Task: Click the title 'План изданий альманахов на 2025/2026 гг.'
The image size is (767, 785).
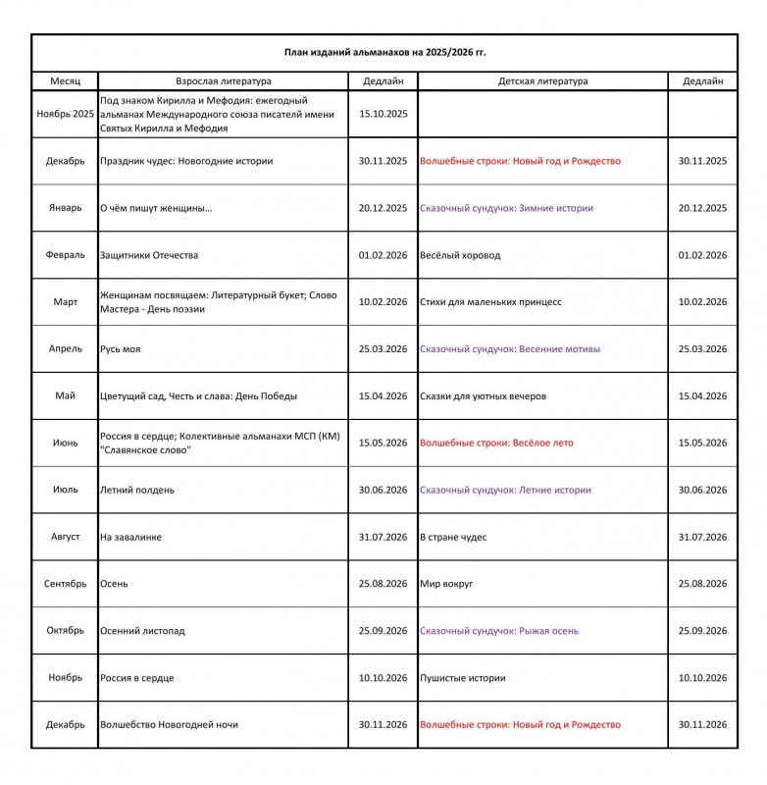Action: click(384, 52)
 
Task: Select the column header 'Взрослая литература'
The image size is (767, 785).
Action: click(224, 81)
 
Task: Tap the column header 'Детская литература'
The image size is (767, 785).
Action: click(542, 81)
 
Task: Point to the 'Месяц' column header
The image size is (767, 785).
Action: click(65, 81)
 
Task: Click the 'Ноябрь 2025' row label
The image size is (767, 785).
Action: click(65, 114)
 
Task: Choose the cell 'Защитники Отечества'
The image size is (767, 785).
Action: click(149, 255)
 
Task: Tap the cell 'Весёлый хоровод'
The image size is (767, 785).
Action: click(460, 255)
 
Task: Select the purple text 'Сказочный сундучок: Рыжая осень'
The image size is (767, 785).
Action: click(499, 631)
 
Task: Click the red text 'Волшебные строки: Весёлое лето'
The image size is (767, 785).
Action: click(496, 443)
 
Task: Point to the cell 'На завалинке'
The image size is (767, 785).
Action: click(131, 537)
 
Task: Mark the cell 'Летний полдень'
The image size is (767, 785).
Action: click(137, 490)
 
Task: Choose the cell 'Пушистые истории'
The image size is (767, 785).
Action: click(462, 678)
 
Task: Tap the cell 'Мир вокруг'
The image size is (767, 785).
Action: click(446, 584)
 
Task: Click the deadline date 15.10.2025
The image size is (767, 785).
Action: click(383, 114)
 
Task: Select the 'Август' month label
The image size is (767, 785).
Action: click(65, 537)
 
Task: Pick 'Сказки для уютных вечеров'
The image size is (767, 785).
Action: click(483, 396)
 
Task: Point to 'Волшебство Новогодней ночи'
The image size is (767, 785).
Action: click(169, 725)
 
